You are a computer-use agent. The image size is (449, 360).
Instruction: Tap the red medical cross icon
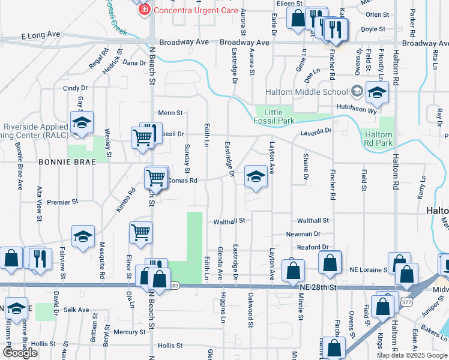(x=143, y=10)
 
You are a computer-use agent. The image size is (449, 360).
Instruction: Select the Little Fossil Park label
(x=277, y=116)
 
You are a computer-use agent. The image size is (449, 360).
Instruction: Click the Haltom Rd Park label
(x=379, y=139)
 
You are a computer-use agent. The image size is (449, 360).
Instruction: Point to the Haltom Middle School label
(x=307, y=92)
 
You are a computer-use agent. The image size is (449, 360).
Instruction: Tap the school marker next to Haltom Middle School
(x=377, y=92)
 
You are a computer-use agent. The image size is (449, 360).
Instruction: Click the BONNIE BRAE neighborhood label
(x=59, y=162)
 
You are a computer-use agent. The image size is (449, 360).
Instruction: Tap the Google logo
(x=20, y=353)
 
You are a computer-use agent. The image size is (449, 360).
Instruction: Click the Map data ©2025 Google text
(x=411, y=355)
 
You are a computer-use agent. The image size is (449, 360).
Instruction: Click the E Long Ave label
(x=42, y=37)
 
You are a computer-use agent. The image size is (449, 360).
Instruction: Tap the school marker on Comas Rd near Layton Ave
(x=256, y=177)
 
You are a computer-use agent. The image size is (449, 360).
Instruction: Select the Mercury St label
(x=130, y=332)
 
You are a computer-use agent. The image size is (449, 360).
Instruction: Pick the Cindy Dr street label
(x=76, y=88)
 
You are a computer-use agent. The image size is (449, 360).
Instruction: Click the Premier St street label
(x=62, y=202)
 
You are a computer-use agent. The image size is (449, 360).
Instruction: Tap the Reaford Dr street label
(x=313, y=247)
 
